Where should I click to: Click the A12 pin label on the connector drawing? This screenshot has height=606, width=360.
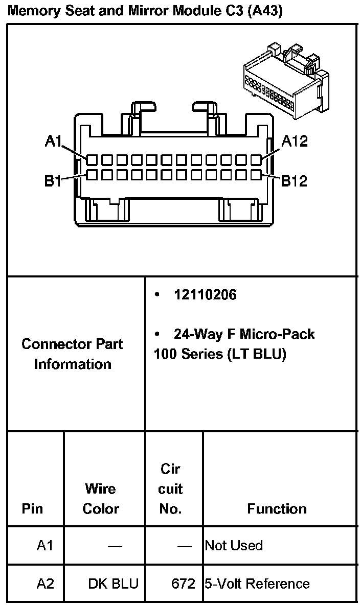pyautogui.click(x=295, y=141)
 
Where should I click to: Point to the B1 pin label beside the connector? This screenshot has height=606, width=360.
pyautogui.click(x=53, y=180)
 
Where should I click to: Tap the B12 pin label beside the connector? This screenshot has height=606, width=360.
pyautogui.click(x=294, y=180)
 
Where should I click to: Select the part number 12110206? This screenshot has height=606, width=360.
pyautogui.click(x=205, y=295)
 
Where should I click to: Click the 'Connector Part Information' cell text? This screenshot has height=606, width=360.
pyautogui.click(x=72, y=354)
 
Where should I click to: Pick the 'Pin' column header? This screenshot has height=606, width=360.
pyautogui.click(x=32, y=508)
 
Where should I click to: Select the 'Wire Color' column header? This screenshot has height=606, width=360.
pyautogui.click(x=101, y=499)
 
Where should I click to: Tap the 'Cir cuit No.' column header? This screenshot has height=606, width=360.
pyautogui.click(x=170, y=489)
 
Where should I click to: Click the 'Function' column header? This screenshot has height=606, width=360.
pyautogui.click(x=277, y=508)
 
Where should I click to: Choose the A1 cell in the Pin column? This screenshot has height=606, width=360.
pyautogui.click(x=45, y=546)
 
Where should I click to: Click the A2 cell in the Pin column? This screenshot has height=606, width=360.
pyautogui.click(x=45, y=584)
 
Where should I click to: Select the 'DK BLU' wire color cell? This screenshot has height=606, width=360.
pyautogui.click(x=113, y=584)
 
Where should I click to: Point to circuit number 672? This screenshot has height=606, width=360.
pyautogui.click(x=183, y=584)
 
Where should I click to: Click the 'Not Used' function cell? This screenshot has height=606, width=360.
pyautogui.click(x=234, y=546)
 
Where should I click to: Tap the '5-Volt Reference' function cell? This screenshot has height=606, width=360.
pyautogui.click(x=257, y=584)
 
